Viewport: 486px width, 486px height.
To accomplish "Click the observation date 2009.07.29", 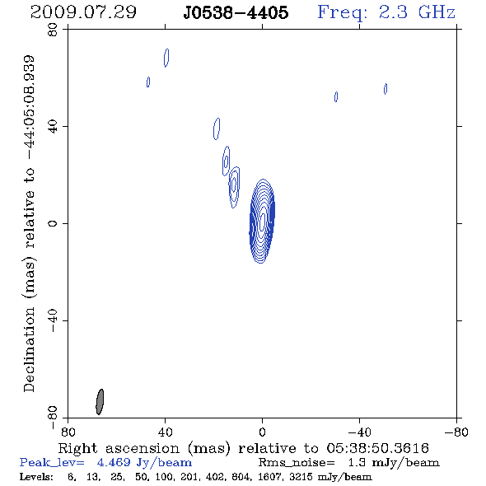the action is pyautogui.click(x=83, y=12).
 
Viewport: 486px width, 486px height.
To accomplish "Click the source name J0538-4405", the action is pyautogui.click(x=236, y=13).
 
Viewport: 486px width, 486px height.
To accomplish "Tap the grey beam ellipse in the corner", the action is pyautogui.click(x=100, y=402).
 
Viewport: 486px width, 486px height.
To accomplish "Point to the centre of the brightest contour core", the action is pyautogui.click(x=263, y=222).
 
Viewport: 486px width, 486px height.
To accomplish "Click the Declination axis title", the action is pyautogui.click(x=29, y=223).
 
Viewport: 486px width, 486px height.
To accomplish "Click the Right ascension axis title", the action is pyautogui.click(x=243, y=448).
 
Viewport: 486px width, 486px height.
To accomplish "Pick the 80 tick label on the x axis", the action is pyautogui.click(x=68, y=432).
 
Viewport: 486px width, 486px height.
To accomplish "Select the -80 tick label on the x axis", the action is pyautogui.click(x=456, y=432).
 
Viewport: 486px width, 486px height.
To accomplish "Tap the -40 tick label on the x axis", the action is pyautogui.click(x=359, y=432).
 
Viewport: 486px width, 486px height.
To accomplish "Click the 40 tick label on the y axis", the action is pyautogui.click(x=53, y=127).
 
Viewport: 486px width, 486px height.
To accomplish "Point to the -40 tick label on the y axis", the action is pyautogui.click(x=53, y=320).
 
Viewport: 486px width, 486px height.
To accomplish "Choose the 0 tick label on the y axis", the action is pyautogui.click(x=53, y=223).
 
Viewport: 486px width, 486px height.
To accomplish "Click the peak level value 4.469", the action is pyautogui.click(x=114, y=462).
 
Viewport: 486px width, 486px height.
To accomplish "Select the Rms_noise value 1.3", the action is pyautogui.click(x=357, y=462).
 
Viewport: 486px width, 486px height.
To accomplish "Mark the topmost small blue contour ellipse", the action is pyautogui.click(x=166, y=58).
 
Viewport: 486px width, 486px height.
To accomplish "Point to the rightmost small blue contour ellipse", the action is pyautogui.click(x=386, y=89).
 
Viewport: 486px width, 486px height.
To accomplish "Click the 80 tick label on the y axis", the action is pyautogui.click(x=53, y=30).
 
